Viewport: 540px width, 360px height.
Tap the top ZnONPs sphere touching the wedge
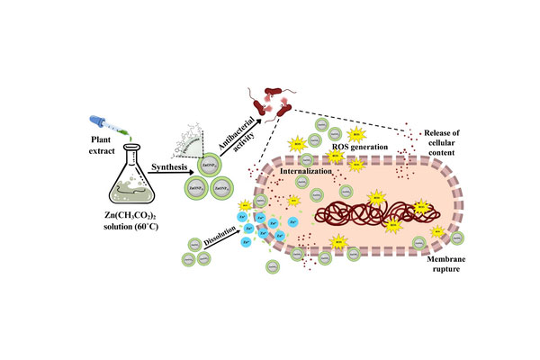click(209, 166)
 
